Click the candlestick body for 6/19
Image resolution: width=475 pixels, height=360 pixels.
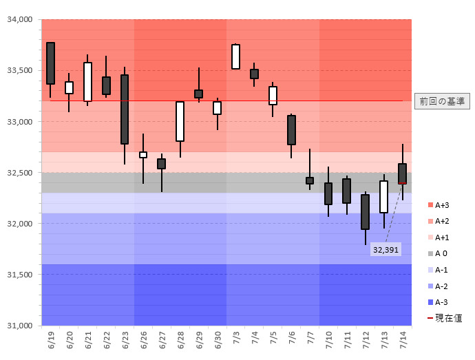click(x=50, y=63)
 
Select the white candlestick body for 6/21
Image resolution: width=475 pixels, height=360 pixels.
click(x=87, y=81)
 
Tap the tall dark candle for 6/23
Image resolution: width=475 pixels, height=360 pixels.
click(x=125, y=109)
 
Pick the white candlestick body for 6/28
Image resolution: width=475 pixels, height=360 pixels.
click(x=180, y=121)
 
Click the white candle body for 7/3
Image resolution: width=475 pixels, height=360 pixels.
click(x=235, y=56)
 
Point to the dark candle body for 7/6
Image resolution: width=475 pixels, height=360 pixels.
click(x=291, y=130)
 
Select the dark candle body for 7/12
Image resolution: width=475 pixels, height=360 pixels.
click(x=365, y=212)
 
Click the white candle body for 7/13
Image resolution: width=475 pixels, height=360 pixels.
click(x=383, y=197)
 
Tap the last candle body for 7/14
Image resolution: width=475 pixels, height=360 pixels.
click(x=402, y=173)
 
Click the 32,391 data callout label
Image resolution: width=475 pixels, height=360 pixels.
click(x=386, y=249)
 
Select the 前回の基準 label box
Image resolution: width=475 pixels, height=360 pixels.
click(x=442, y=101)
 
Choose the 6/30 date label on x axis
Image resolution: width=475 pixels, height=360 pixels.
click(x=218, y=341)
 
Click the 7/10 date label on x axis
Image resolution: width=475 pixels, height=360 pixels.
click(x=328, y=341)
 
